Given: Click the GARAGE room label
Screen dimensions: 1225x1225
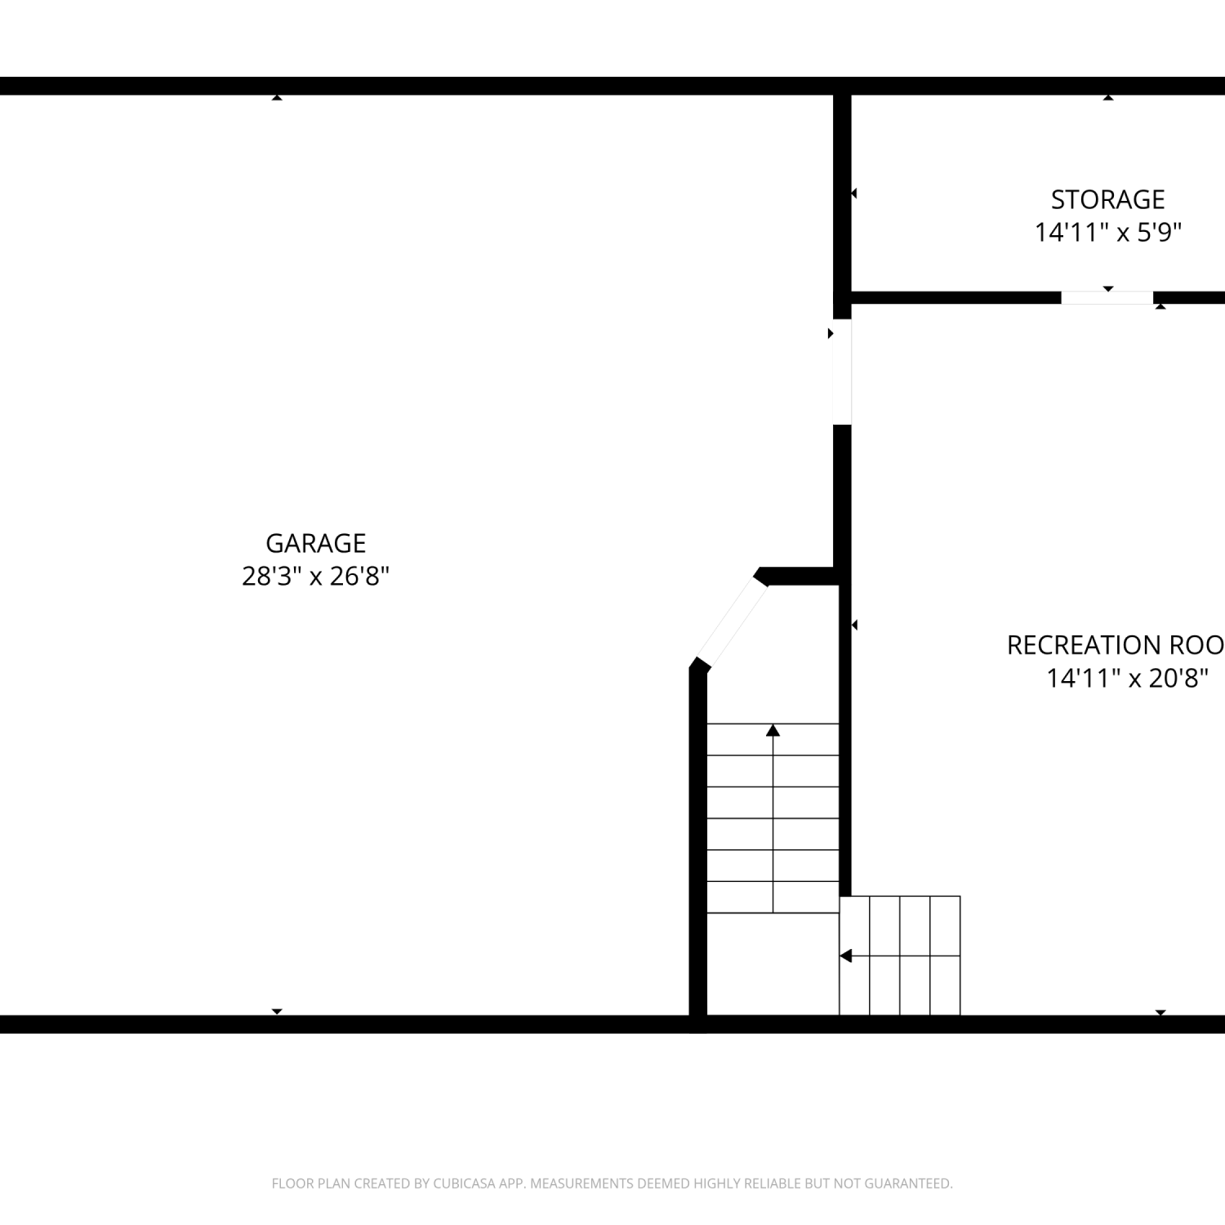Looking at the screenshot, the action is coord(315,543).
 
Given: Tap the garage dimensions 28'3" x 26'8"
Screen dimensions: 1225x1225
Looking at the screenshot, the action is coord(315,577).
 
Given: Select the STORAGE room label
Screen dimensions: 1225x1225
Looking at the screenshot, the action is coord(1107,199).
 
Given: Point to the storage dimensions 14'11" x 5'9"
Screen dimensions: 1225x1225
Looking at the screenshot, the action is coord(1108,233).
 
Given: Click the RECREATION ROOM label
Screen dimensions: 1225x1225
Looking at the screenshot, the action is coord(1116,645).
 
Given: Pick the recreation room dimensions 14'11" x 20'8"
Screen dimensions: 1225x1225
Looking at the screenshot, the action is coord(1127,678).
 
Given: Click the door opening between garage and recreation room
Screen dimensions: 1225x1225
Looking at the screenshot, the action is coord(842,372).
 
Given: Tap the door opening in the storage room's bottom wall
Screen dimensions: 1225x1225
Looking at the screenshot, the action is coord(1107,297).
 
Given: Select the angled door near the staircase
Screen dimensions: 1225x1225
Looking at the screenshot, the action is coord(731,621).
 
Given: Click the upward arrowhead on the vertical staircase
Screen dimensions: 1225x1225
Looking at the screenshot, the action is coord(773,730).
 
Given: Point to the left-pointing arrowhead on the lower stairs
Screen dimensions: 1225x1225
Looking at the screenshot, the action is coord(846,955).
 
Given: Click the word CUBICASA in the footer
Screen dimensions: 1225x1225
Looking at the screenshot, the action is coord(464,1183).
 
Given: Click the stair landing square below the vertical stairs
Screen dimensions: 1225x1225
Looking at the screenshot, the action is coord(773,964).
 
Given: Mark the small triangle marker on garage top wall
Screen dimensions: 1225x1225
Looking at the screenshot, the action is coord(277,98).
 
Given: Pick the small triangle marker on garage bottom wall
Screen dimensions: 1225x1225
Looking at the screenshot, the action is coord(277,1012).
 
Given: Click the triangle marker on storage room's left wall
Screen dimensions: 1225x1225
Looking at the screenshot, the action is coord(854,194).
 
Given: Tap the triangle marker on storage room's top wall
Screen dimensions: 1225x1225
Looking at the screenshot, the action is coord(1108,98).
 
